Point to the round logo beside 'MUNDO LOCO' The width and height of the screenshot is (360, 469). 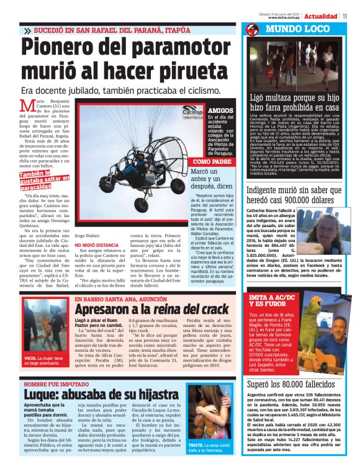tap(251, 30)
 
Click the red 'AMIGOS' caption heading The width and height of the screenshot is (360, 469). tap(221, 110)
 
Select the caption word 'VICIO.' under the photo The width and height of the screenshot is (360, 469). tap(32, 358)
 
